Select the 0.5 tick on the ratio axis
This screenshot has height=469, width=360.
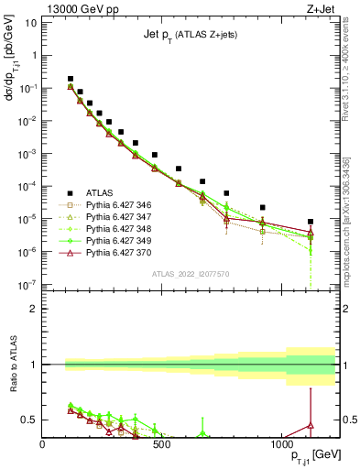[30, 420]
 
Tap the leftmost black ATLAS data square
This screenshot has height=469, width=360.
[71, 79]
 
